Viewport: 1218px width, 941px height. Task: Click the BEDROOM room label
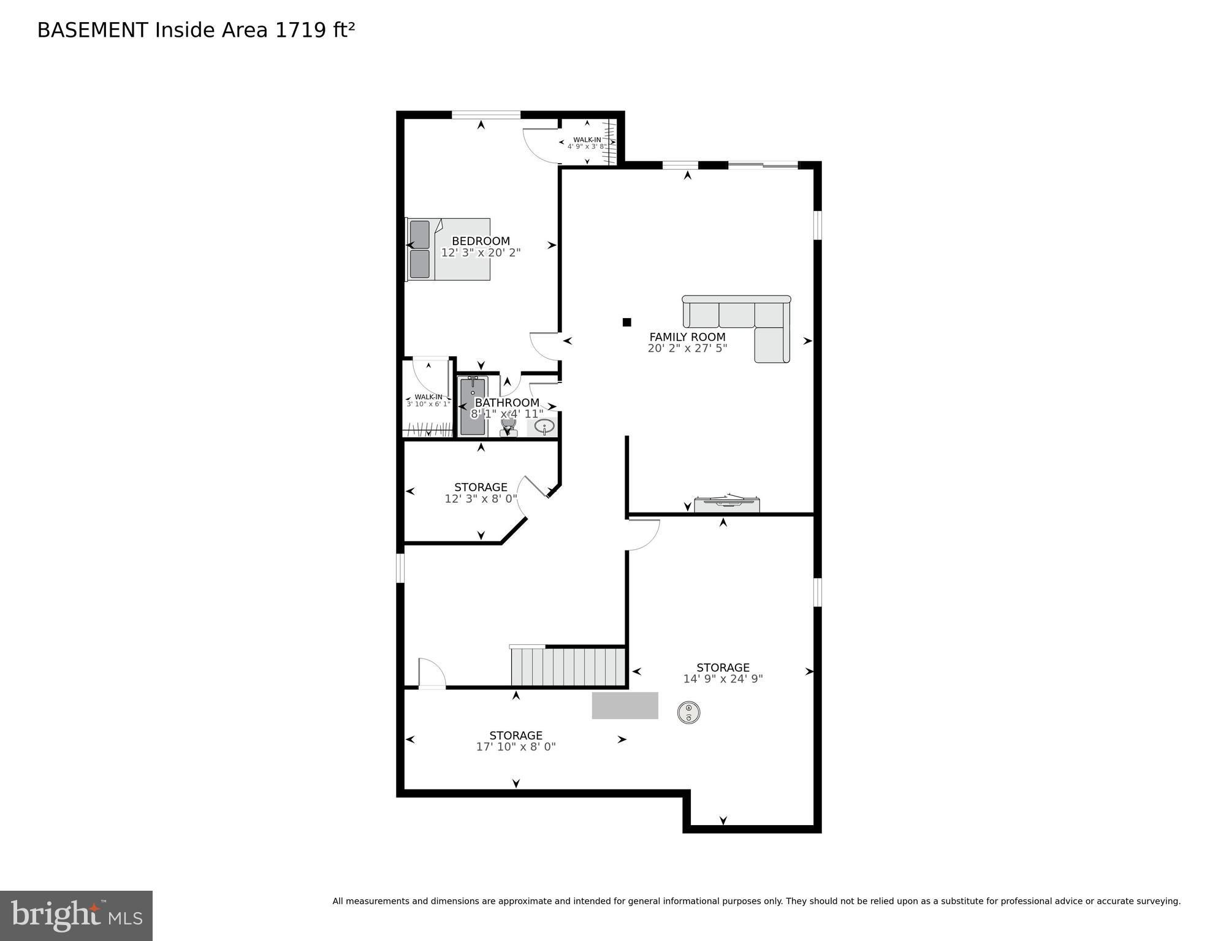tap(481, 241)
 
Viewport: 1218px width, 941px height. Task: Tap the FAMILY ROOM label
tap(687, 337)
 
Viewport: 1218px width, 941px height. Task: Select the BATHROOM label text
tap(507, 402)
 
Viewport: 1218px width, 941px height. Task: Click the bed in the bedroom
tap(448, 249)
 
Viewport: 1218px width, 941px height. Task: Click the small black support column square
tap(626, 322)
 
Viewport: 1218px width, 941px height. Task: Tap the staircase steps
tap(568, 666)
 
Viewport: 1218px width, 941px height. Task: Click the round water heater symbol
tap(688, 712)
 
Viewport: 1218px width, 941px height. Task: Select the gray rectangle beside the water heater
tap(625, 705)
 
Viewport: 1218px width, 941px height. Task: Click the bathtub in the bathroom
tap(473, 406)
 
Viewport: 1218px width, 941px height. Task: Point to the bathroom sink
tap(542, 427)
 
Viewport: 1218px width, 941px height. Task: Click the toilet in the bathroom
tap(508, 427)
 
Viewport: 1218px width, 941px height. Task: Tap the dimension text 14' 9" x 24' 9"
tap(723, 679)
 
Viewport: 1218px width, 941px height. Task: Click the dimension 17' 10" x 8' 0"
tap(516, 747)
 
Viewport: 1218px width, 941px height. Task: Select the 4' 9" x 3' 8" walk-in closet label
tap(587, 147)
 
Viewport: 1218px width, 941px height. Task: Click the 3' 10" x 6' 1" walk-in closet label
tap(428, 404)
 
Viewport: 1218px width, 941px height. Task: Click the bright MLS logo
tap(76, 915)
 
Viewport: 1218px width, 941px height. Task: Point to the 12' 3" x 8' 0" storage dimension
tap(481, 499)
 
